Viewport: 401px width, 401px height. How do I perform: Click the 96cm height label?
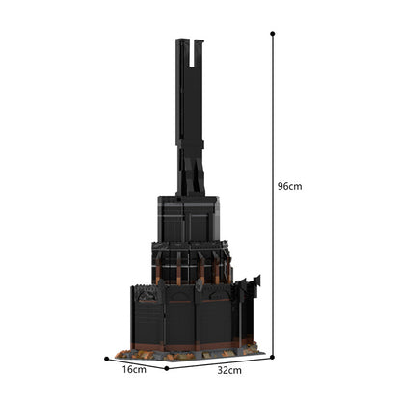pyautogui.click(x=289, y=186)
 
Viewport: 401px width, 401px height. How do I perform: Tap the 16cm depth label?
pyautogui.click(x=133, y=369)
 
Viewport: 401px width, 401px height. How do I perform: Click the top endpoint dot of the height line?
pyautogui.click(x=273, y=33)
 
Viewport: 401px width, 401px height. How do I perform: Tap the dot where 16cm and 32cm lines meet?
pyautogui.click(x=166, y=367)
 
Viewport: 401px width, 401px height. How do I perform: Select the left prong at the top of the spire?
pyautogui.click(x=182, y=58)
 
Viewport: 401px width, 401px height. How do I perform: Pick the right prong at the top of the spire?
pyautogui.click(x=199, y=58)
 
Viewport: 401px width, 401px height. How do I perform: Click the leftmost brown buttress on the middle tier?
pyautogui.click(x=158, y=265)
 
